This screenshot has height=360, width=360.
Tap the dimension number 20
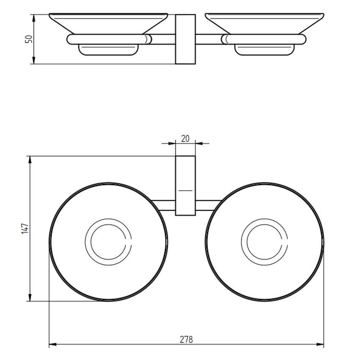[x=185, y=138]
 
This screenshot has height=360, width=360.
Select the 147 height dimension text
[x=25, y=229]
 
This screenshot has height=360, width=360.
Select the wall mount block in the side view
[x=185, y=39]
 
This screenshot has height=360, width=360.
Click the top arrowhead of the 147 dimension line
[x=30, y=159]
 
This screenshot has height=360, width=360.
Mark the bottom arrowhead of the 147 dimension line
[x=30, y=298]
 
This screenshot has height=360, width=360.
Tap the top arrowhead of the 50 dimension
[x=33, y=17]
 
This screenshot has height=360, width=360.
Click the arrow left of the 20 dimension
[x=172, y=143]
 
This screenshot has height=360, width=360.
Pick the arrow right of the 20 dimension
[x=199, y=143]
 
